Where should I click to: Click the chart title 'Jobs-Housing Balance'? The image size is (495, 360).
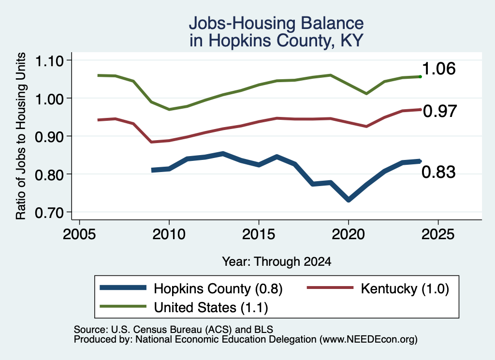coord(276,23)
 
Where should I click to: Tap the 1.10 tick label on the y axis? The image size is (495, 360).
coord(49,60)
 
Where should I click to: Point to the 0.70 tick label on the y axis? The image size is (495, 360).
coord(49,213)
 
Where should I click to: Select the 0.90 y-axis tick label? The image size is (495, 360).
coord(49,137)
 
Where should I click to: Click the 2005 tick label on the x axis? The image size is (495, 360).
coord(79,234)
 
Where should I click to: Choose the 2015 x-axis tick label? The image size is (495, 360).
coord(259,234)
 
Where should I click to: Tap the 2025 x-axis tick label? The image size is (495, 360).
coord(438,234)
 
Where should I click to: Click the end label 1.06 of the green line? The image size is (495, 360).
coord(438,69)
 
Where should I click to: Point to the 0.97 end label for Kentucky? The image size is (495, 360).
coord(440,111)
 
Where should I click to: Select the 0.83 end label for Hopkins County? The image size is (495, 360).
coord(438,172)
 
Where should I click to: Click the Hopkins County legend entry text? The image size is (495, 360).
coord(218,288)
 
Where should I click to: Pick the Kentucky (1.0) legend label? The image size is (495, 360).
coord(405,288)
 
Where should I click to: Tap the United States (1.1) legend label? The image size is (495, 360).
coord(211,307)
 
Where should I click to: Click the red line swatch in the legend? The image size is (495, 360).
coord(330,288)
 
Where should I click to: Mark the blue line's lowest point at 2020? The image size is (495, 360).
coord(349,200)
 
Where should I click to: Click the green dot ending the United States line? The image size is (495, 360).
coord(420,77)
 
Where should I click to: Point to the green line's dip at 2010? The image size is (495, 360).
coord(169,110)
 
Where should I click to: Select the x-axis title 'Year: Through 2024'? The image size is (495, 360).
coord(277,261)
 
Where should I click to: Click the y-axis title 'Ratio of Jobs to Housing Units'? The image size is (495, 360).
coord(21,136)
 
